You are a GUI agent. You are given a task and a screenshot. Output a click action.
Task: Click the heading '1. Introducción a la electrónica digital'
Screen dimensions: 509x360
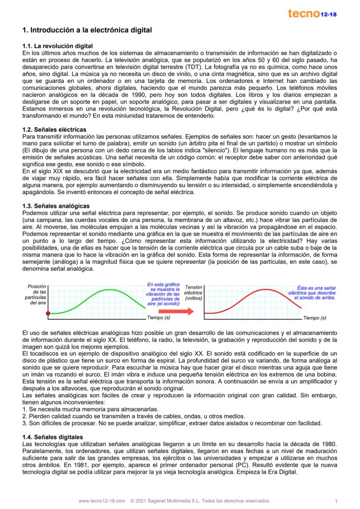click(x=87, y=30)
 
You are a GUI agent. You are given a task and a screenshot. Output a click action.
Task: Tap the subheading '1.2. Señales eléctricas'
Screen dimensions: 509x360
click(x=54, y=130)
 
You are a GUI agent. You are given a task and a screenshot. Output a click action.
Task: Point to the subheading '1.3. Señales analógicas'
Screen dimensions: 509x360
click(x=56, y=206)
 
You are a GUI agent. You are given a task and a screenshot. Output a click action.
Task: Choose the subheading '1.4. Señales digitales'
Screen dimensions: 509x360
click(x=53, y=437)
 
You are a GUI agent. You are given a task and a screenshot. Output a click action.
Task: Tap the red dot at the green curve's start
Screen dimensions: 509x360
click(x=48, y=313)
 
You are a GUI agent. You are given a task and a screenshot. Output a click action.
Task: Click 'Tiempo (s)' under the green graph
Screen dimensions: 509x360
click(x=158, y=318)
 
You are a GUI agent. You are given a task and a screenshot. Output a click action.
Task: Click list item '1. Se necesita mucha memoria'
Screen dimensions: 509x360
click(x=90, y=409)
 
